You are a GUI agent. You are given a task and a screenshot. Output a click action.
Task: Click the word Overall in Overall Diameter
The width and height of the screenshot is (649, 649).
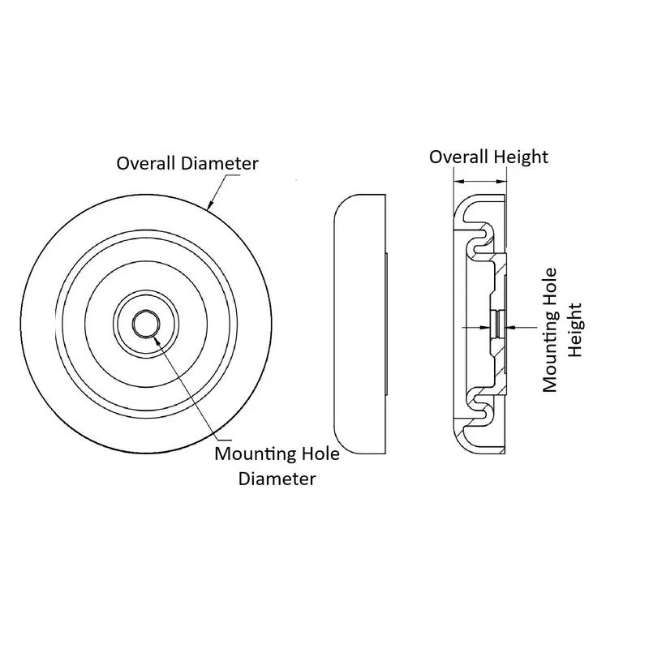point(146,163)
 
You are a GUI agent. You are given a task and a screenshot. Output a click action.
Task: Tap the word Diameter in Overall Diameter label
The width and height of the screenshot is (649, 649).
point(220,163)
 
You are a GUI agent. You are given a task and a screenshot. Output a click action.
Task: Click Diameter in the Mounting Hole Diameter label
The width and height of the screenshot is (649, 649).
point(277,479)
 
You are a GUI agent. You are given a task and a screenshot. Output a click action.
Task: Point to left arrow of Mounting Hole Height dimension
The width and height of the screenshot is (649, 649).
point(488,327)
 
